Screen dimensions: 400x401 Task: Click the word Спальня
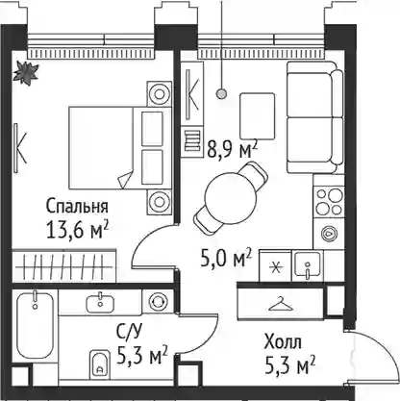77,207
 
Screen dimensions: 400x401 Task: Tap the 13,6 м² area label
78,230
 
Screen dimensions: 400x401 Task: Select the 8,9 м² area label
233,150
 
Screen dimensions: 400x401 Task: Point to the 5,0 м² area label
226,259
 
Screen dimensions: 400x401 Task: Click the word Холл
283,342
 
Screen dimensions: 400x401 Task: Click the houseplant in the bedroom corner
26,73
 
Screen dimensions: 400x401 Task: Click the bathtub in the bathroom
35,324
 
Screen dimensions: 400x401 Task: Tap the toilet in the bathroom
100,364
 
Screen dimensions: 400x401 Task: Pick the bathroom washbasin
100,303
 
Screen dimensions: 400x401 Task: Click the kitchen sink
308,264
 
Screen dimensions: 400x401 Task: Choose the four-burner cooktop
329,202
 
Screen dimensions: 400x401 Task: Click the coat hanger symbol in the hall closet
281,304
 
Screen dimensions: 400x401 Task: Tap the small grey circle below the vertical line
221,93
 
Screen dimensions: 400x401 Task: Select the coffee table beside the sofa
258,116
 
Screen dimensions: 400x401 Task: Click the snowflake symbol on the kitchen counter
276,267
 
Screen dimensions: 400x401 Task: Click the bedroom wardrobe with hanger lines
63,265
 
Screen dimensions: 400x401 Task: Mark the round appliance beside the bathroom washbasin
158,301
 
